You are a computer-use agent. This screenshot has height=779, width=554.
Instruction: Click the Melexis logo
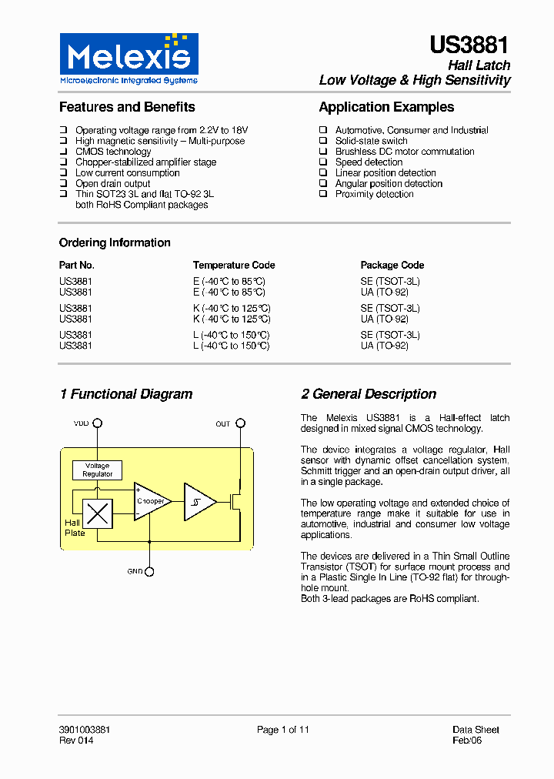pos(128,59)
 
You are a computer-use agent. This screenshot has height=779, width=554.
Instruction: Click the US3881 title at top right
pos(469,45)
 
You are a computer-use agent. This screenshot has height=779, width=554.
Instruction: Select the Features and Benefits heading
pos(127,107)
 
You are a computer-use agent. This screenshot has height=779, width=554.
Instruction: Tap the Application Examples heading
pos(386,107)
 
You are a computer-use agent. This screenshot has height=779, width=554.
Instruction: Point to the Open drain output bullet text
pos(113,184)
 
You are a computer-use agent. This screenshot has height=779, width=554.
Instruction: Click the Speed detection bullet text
pos(369,162)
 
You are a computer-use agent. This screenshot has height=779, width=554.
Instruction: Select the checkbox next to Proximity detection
pos(324,195)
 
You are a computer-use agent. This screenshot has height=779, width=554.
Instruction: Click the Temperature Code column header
pos(234,265)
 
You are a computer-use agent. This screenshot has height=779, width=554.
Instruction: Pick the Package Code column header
pos(392,265)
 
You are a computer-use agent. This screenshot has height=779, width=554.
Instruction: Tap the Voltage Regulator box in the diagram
pos(97,470)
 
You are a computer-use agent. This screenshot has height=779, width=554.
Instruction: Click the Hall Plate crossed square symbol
pos(98,513)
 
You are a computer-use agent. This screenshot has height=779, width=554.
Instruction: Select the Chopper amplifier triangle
pos(150,501)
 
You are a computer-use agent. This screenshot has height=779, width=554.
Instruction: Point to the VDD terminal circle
pos(98,423)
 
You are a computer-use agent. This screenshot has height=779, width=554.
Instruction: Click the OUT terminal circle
pos(240,423)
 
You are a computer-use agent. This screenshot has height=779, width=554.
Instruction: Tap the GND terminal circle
pos(149,571)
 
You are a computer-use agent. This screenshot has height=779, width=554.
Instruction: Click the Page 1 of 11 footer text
pos(282,730)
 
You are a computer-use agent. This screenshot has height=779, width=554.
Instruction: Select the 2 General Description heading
pos(369,394)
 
